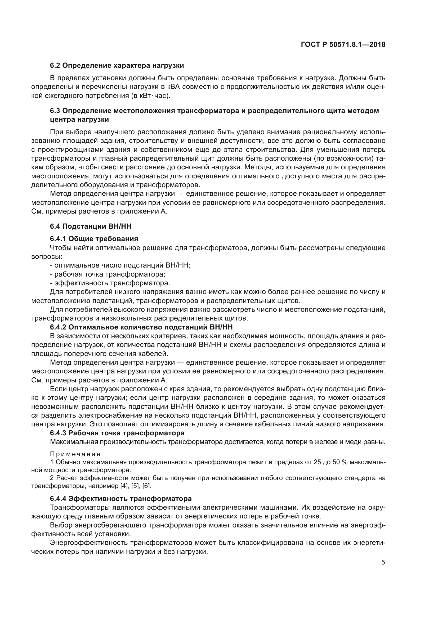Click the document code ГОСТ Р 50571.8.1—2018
[x=343, y=44]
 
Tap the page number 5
[x=383, y=562]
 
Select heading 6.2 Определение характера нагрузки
[x=117, y=66]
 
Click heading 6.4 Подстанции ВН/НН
[x=91, y=226]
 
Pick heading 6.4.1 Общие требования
[x=94, y=239]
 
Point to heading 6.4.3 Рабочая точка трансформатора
[x=117, y=433]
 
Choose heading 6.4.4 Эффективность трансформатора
[x=120, y=499]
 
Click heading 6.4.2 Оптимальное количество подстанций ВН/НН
[x=141, y=327]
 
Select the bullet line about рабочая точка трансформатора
[x=108, y=274]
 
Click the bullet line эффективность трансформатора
[x=110, y=283]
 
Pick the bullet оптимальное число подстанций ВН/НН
[x=120, y=265]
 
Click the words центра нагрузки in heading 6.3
[x=79, y=119]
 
